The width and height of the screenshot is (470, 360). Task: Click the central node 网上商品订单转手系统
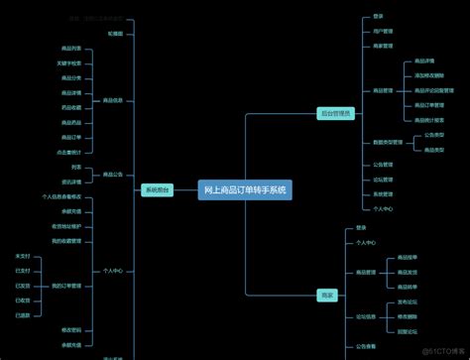pyautogui.click(x=245, y=189)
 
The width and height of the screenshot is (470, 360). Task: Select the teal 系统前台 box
pyautogui.click(x=157, y=189)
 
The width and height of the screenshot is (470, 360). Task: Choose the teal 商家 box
pyautogui.click(x=327, y=295)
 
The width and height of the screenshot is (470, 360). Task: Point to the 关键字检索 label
pyautogui.click(x=69, y=62)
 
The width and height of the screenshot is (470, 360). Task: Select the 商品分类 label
pyautogui.click(x=69, y=77)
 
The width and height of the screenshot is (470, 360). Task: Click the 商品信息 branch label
pyautogui.click(x=113, y=100)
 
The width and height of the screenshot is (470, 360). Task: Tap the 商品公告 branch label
pyautogui.click(x=113, y=174)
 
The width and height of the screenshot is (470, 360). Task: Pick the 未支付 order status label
pyautogui.click(x=23, y=256)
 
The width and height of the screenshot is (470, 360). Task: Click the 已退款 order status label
pyautogui.click(x=23, y=314)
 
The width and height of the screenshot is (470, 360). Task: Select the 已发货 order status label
pyautogui.click(x=23, y=285)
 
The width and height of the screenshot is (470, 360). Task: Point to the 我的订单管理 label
pyautogui.click(x=66, y=286)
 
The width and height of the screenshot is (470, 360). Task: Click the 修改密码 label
pyautogui.click(x=70, y=329)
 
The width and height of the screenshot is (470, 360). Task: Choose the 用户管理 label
pyautogui.click(x=383, y=31)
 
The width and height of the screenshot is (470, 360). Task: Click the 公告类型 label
pyautogui.click(x=434, y=135)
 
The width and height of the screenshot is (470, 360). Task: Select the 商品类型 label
pyautogui.click(x=434, y=150)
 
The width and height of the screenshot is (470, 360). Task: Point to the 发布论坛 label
pyautogui.click(x=408, y=301)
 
